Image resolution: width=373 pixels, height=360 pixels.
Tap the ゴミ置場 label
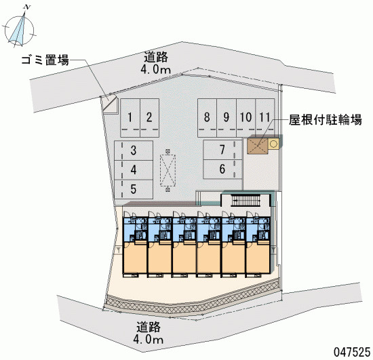(x=45, y=60)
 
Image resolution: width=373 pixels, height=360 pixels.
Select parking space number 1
(x=130, y=118)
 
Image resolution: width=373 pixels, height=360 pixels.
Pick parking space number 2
(x=150, y=118)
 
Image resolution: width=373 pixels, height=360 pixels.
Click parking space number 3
(x=134, y=151)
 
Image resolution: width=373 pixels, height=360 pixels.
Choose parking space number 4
(x=134, y=169)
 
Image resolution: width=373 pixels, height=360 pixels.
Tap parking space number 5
(x=134, y=189)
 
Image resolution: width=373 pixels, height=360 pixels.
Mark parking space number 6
(x=222, y=169)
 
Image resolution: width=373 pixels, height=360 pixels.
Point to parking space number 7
(x=222, y=150)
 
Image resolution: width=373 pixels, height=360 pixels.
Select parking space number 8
(x=208, y=118)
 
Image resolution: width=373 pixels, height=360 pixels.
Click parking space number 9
(x=227, y=118)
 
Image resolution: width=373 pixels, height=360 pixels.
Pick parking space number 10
(x=246, y=118)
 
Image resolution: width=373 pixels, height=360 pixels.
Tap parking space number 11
(x=265, y=118)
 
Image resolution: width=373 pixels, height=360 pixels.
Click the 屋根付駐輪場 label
(x=326, y=119)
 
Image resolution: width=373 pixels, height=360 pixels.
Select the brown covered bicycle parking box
(x=258, y=146)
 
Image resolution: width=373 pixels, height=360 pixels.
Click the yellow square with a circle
(x=273, y=144)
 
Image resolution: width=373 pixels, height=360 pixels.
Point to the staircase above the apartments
(x=246, y=201)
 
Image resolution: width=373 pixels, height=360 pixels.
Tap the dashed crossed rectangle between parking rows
(x=168, y=170)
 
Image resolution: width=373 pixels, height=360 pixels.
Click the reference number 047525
(x=352, y=352)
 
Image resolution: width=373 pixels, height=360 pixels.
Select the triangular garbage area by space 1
(x=111, y=106)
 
